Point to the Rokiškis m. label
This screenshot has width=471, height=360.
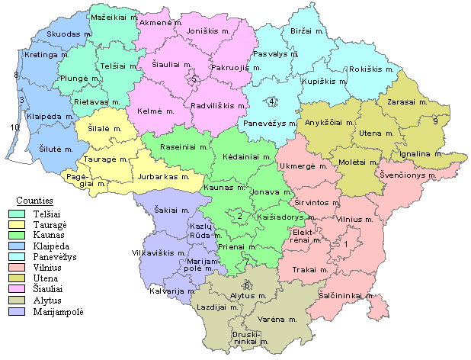(x=371, y=69)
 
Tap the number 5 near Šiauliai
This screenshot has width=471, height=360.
(x=194, y=79)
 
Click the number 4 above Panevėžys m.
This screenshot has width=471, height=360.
(x=272, y=102)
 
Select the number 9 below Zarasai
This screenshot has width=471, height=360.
(x=435, y=121)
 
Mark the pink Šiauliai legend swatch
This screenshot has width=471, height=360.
(x=14, y=290)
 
